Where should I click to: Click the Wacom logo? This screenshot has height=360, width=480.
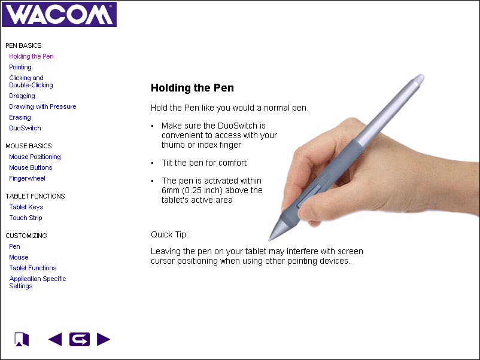tap(59, 14)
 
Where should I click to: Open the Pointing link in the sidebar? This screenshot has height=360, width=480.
tap(20, 68)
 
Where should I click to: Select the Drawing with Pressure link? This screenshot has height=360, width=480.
tap(42, 106)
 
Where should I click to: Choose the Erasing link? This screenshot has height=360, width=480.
tap(20, 117)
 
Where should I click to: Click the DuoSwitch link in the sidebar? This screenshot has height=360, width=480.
tap(25, 128)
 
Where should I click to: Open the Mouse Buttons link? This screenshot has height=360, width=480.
tap(31, 167)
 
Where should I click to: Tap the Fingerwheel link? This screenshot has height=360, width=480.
tap(28, 178)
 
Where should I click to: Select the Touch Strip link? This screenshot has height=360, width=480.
tap(26, 218)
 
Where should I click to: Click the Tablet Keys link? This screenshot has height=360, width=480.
tap(26, 207)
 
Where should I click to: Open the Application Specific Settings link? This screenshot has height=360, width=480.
tap(37, 282)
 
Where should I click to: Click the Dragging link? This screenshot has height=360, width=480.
tap(22, 96)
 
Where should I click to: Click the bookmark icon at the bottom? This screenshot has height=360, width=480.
tap(22, 339)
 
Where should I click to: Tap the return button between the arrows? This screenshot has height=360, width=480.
tap(80, 339)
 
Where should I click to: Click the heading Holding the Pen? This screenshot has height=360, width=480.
tap(192, 88)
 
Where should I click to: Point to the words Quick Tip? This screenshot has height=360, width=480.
tap(169, 234)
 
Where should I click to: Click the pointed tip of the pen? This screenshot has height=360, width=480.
tap(270, 239)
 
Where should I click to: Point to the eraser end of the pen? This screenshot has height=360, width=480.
tap(419, 78)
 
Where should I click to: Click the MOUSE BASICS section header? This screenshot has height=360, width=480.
tap(29, 146)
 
